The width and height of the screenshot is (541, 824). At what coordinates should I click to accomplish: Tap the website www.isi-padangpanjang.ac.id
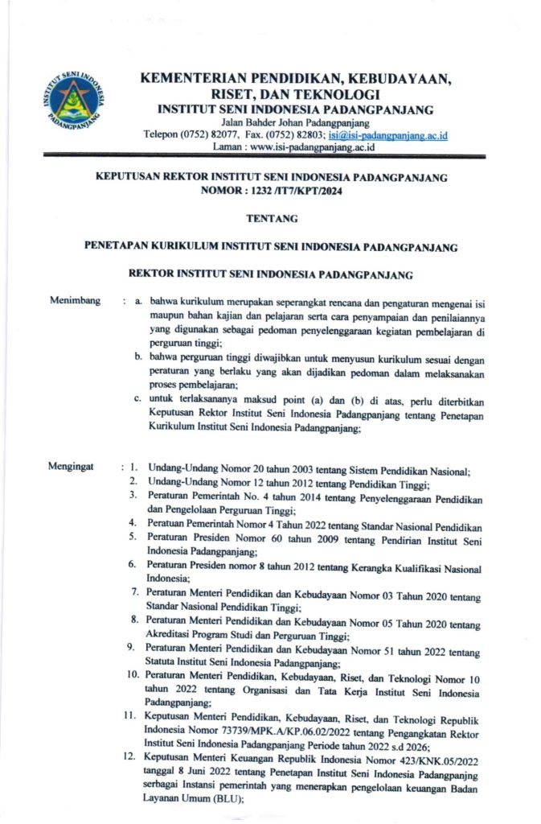(301, 147)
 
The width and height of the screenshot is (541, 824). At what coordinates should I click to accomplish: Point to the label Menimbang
(75, 301)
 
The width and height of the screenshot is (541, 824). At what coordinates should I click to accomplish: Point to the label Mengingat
(72, 465)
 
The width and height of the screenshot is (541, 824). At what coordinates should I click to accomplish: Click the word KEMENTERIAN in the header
(193, 79)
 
